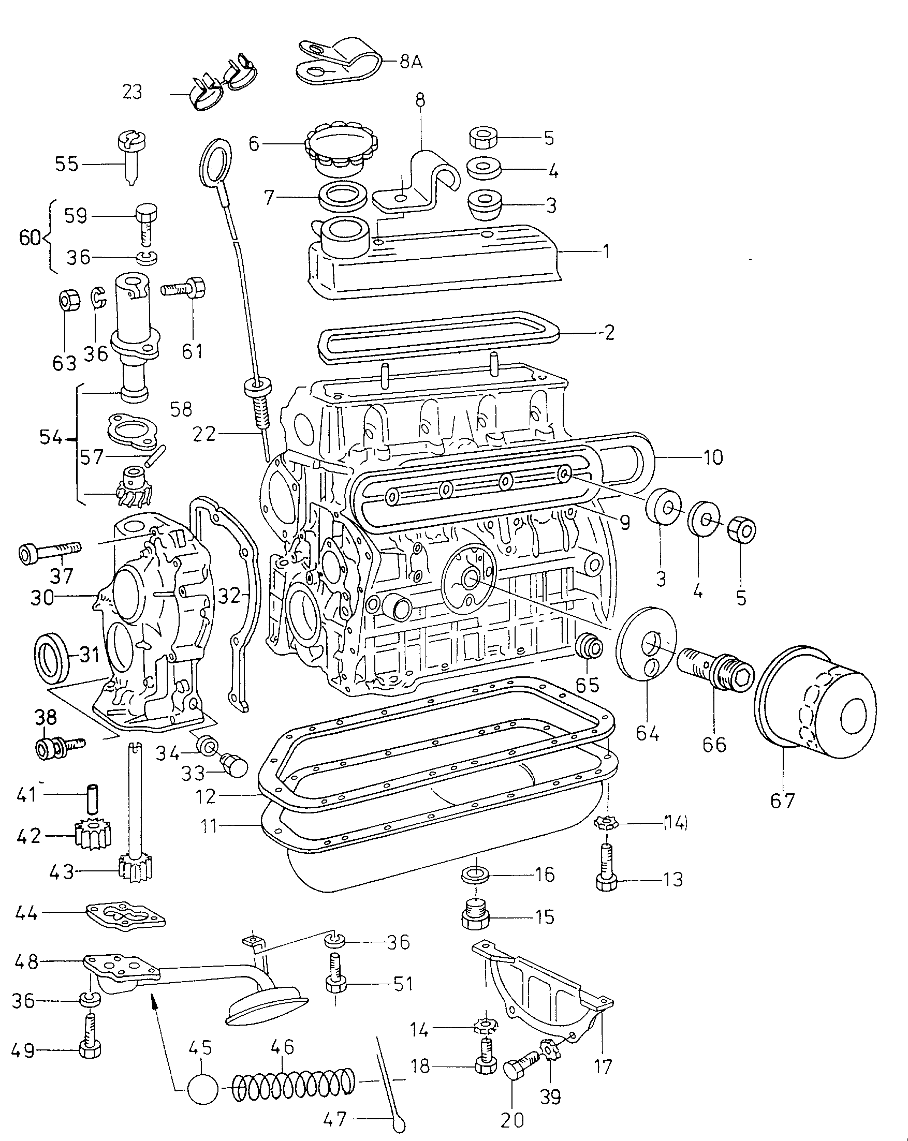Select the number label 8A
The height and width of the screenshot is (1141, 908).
pos(411,62)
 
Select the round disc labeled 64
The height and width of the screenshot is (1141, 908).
pos(647,646)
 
